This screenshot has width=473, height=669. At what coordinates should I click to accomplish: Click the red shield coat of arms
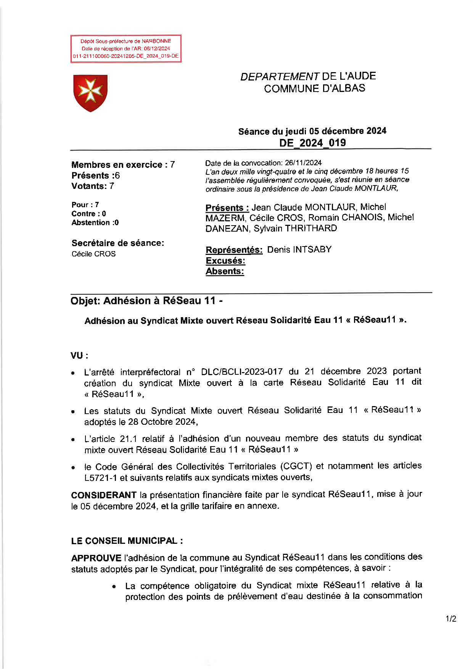(x=90, y=93)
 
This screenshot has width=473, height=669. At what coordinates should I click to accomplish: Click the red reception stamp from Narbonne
(x=125, y=48)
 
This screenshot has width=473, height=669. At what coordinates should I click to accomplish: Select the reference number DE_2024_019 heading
(x=312, y=143)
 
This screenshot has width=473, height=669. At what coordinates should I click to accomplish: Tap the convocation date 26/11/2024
(x=303, y=163)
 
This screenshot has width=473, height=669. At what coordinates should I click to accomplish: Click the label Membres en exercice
(x=117, y=165)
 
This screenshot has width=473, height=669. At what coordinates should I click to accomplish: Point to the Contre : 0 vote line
(x=88, y=214)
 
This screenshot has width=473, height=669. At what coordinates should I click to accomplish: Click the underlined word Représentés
(x=234, y=250)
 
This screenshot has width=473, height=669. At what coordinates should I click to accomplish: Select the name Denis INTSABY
(x=299, y=250)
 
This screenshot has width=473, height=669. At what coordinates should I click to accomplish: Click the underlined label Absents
(x=225, y=271)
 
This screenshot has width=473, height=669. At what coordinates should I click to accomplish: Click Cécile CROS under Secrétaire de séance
(x=93, y=254)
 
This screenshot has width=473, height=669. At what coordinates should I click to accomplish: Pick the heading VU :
(x=79, y=356)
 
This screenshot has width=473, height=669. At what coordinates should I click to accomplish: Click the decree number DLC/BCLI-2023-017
(x=242, y=372)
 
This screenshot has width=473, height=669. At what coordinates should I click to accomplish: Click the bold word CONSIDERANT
(x=104, y=495)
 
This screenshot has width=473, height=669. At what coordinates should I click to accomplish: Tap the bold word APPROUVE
(x=96, y=558)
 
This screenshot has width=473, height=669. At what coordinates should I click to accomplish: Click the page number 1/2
(x=451, y=619)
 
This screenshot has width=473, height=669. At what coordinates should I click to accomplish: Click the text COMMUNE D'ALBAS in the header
(x=314, y=89)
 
